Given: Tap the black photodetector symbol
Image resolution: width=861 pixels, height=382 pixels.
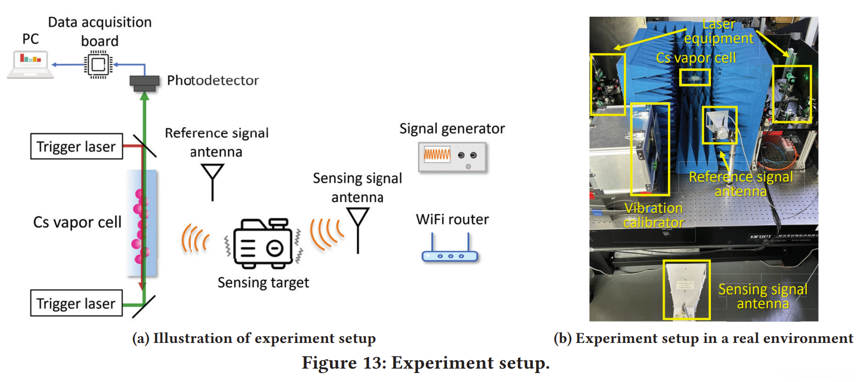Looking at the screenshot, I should (x=145, y=82).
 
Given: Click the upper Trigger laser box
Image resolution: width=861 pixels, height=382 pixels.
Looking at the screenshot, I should (x=76, y=147).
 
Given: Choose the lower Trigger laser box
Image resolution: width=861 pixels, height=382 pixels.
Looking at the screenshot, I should (x=76, y=303).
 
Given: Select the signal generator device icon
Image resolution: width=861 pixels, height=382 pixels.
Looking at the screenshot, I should (x=452, y=156).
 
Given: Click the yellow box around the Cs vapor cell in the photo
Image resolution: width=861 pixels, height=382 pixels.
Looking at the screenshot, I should (x=695, y=77).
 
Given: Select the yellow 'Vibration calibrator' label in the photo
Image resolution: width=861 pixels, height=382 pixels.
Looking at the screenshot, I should (x=653, y=215).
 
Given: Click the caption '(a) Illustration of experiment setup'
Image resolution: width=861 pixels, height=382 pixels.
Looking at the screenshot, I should (x=253, y=338).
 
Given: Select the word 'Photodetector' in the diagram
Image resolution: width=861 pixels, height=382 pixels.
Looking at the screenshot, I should (x=213, y=80).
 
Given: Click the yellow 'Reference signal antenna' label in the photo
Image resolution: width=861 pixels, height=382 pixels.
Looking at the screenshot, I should (x=740, y=184).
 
